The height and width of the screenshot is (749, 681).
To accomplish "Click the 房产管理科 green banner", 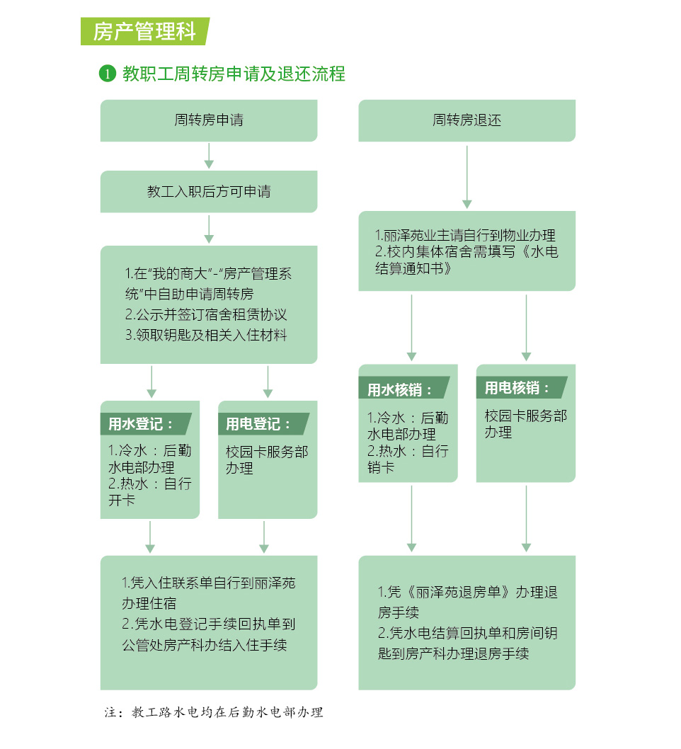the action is click(x=145, y=32).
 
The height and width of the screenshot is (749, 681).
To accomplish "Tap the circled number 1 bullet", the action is click(x=108, y=74).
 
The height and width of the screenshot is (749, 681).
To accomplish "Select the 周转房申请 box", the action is click(x=209, y=120).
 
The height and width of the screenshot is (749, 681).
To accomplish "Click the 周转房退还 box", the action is click(x=467, y=120).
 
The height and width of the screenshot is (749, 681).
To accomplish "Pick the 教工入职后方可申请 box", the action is click(x=209, y=192).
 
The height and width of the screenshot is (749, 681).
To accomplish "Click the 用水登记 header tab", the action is click(x=146, y=423).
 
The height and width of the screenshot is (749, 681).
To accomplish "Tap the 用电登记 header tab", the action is click(x=263, y=423).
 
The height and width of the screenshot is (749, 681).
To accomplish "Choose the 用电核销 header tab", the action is click(x=522, y=387).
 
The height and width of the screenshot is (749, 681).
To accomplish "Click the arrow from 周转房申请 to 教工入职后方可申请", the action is click(x=209, y=156).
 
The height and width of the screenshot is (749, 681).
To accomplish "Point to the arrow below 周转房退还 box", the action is click(x=467, y=177).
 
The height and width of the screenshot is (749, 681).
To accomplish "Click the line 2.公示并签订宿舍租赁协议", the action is click(x=206, y=314).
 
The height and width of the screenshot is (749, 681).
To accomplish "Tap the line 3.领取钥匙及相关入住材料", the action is click(x=206, y=335).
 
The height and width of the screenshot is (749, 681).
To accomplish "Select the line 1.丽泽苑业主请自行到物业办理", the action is click(x=465, y=235).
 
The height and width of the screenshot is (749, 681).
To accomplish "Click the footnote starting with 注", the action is click(x=214, y=712).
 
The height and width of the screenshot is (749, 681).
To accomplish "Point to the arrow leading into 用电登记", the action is click(x=268, y=382).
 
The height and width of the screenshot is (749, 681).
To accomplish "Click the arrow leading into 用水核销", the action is click(x=412, y=328).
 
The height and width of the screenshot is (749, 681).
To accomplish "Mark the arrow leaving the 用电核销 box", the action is click(x=526, y=519).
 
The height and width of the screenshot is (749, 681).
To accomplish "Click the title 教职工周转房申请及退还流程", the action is click(x=234, y=74).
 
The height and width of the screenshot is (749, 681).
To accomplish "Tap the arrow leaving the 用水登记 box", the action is click(x=150, y=537).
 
